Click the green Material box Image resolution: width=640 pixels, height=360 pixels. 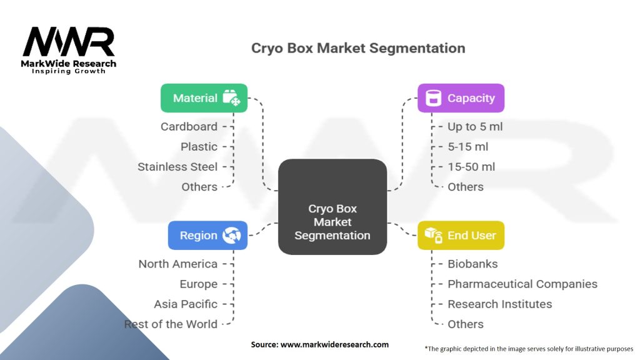click(x=204, y=98)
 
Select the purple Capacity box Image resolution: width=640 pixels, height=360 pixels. click(x=461, y=98)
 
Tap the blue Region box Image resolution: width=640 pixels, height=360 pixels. click(x=207, y=236)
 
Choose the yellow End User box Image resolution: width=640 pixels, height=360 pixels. click(x=461, y=236)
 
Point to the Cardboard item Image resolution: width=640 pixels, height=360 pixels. click(x=189, y=126)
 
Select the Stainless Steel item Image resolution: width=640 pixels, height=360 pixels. click(x=177, y=167)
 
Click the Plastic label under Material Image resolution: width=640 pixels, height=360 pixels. click(x=199, y=147)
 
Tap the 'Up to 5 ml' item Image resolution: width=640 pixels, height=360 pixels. click(x=475, y=126)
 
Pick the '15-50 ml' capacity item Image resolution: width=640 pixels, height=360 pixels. click(x=471, y=167)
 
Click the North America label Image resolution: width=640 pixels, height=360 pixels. click(x=178, y=264)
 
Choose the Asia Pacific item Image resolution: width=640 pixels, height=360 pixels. click(x=186, y=304)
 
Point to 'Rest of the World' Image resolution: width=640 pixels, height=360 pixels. click(x=171, y=324)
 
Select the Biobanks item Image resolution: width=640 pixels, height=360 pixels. click(x=472, y=264)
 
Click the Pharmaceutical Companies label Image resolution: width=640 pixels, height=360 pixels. click(x=522, y=284)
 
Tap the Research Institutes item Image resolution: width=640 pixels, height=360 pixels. click(x=499, y=304)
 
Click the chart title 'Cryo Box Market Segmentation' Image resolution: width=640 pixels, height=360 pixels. click(x=358, y=48)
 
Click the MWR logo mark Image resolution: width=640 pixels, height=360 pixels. click(x=69, y=42)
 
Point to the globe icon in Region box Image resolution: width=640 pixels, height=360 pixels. click(x=232, y=236)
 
